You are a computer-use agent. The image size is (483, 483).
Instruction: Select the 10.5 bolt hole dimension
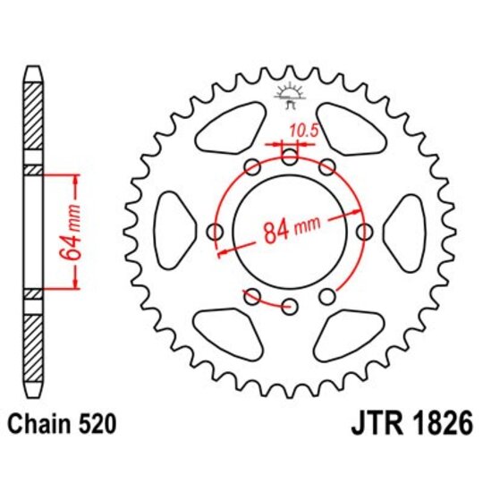[x=291, y=131]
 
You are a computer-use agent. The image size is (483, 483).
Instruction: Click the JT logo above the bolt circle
[x=289, y=93]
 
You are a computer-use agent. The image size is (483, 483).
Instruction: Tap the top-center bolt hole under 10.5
[x=289, y=157]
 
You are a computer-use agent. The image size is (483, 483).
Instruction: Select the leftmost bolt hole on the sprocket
[x=215, y=232]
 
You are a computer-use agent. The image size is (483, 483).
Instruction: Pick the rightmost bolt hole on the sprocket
[x=364, y=232]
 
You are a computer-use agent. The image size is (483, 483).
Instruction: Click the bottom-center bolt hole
[x=289, y=307]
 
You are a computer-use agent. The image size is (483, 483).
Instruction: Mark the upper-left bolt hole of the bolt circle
[x=252, y=167]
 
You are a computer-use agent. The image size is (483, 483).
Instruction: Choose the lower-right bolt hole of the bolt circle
[x=326, y=296]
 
